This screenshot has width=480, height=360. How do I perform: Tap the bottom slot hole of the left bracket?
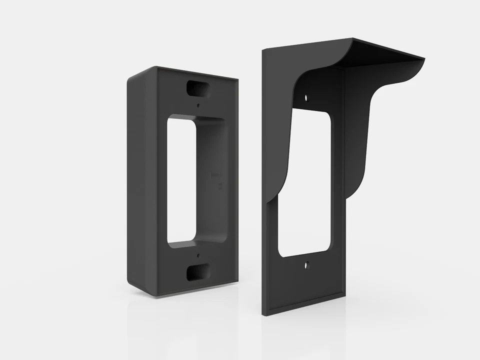point(196,272)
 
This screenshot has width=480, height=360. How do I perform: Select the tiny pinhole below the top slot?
point(198,105)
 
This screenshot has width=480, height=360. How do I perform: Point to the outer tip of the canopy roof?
point(423,60)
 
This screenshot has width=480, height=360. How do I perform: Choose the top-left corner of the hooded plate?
point(263,49)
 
